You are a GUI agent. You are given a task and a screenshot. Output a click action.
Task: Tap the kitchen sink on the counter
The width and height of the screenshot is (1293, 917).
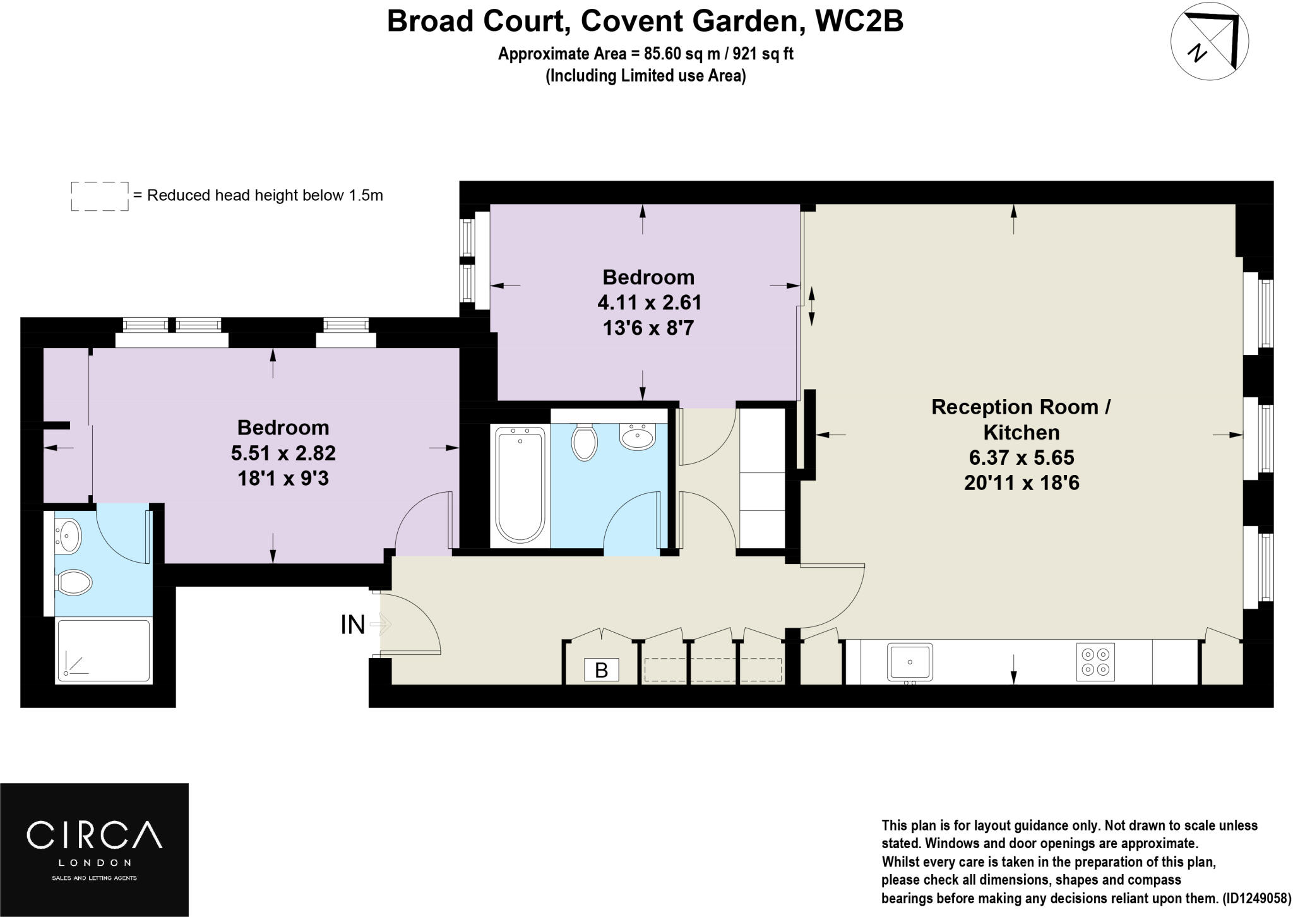910,662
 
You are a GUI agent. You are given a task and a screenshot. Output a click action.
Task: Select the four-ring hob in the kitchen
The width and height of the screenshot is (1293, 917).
1095,662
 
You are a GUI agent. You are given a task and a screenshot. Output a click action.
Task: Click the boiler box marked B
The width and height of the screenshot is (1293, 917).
601,670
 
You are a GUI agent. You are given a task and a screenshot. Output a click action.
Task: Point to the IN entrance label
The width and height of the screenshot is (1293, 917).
352,625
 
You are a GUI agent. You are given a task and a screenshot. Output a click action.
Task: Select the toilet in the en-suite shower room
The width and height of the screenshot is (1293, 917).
74,582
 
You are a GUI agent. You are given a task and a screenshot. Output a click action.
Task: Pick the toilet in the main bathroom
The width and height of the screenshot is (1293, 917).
585,442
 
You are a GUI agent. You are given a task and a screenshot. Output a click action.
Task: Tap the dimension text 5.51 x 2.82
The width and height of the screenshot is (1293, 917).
283,453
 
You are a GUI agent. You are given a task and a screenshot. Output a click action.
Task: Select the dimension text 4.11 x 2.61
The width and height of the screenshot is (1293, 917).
649,303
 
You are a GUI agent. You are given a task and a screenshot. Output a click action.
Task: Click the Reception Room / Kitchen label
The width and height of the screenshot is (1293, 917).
1021,419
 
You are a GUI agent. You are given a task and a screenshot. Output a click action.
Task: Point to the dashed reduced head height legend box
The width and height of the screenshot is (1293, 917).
100,196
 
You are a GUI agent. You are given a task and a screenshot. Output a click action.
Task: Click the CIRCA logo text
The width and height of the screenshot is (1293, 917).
93,835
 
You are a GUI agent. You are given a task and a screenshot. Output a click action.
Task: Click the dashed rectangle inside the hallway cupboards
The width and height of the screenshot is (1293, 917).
712,669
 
